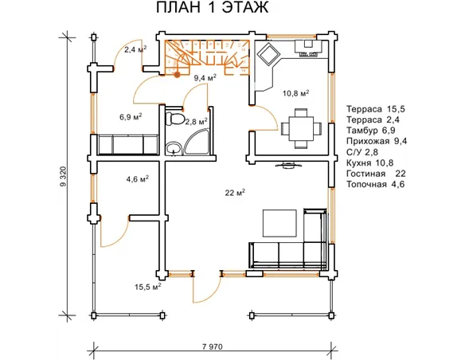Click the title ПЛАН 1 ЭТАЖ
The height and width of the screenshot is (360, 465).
212,7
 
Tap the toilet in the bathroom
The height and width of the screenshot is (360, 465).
175,119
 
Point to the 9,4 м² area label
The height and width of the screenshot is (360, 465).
205,78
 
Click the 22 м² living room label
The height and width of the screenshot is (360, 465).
235,193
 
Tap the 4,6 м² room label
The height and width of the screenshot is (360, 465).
137,179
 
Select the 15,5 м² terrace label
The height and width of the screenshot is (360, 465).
147,287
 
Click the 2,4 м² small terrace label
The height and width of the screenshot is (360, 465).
135,49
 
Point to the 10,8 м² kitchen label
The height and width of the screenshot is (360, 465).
295,93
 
